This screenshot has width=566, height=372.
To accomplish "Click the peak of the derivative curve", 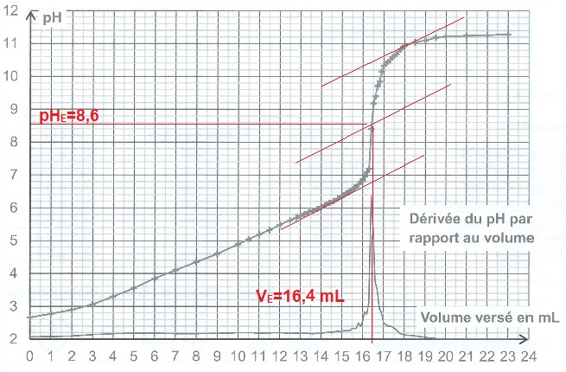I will coord(372,130).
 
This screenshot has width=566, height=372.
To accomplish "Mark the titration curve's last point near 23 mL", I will coord(509,34).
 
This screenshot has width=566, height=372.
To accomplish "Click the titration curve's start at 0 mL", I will coord(30,317).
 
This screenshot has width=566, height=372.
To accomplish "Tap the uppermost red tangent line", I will coord(393,52).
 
